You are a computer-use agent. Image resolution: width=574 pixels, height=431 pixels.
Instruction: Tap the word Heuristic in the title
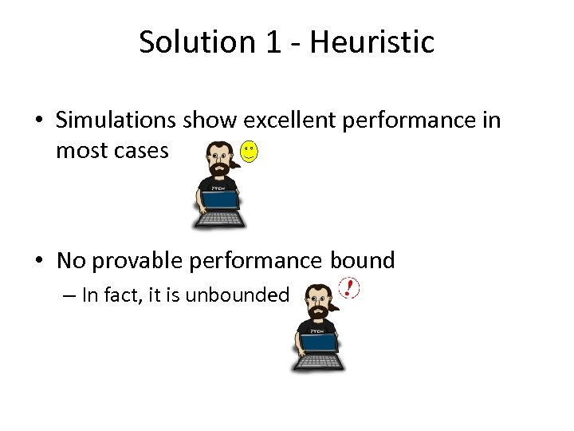[x=372, y=42]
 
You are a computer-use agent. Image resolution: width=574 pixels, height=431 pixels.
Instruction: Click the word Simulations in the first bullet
[x=116, y=121]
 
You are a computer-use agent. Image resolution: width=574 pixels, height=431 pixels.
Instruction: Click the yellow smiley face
[x=250, y=152]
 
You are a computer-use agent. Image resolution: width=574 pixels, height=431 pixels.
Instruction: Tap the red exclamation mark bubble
[x=349, y=289]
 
